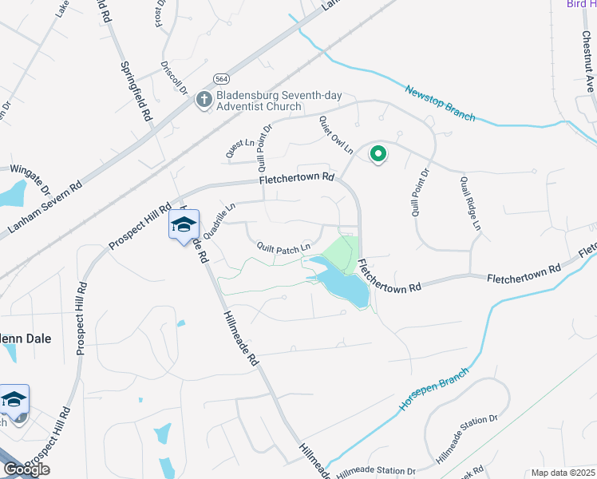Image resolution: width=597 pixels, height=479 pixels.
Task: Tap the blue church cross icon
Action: point(204,100)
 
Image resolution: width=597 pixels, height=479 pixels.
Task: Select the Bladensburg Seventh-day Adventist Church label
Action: point(271,101)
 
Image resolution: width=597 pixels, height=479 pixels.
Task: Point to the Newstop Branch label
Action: point(440,103)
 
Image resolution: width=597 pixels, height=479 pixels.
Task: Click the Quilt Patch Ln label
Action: point(283,248)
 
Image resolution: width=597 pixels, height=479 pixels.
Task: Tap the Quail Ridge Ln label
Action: point(470,204)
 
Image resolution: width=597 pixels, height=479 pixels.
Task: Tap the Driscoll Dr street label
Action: point(174,77)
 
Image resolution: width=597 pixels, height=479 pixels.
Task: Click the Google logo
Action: point(26,469)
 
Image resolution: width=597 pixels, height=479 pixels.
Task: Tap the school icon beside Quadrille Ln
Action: point(183,226)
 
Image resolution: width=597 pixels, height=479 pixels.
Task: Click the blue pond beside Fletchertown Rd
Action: point(343,283)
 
